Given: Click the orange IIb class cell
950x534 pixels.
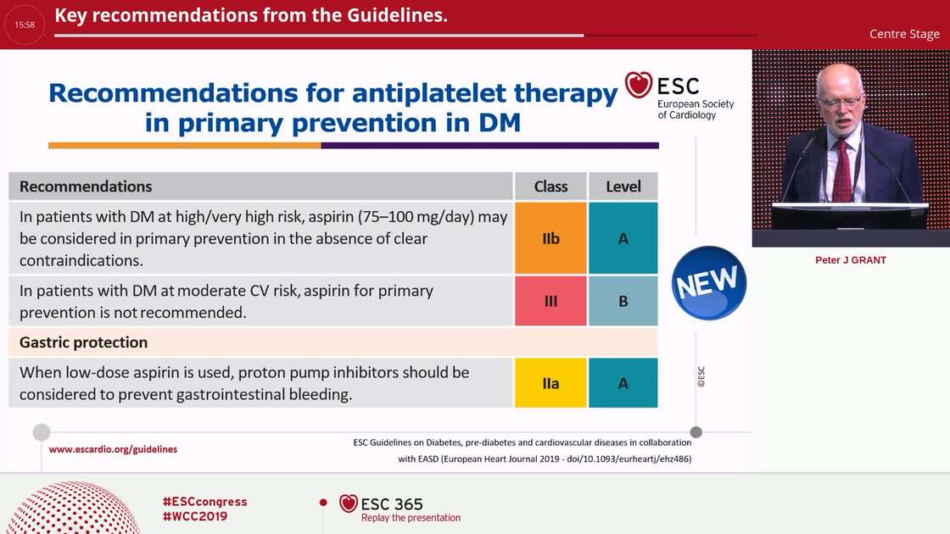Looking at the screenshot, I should (550, 238).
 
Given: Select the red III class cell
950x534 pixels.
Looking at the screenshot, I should (550, 301).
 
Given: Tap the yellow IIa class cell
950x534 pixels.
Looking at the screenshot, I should (550, 383).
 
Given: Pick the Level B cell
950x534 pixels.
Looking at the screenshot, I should (623, 301).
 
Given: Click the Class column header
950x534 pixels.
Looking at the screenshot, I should (550, 186).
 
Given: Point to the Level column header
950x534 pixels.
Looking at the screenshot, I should (623, 186).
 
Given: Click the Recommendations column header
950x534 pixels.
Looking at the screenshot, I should (86, 186).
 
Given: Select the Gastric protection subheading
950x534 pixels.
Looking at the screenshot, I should (83, 342).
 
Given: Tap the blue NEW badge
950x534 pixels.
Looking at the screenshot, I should (708, 284).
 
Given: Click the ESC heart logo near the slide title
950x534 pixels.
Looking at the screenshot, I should (639, 85).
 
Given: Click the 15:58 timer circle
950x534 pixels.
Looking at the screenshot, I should (25, 25).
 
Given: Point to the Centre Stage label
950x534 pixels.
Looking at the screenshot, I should (904, 34).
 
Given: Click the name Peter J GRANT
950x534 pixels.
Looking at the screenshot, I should (850, 260).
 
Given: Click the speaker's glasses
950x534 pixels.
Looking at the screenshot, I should (841, 103).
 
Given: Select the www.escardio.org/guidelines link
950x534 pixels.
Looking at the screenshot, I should (113, 449).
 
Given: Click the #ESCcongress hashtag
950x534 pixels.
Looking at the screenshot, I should (204, 501).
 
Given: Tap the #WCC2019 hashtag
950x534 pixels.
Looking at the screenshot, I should (194, 516).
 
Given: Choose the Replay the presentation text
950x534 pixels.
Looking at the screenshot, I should (411, 518).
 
